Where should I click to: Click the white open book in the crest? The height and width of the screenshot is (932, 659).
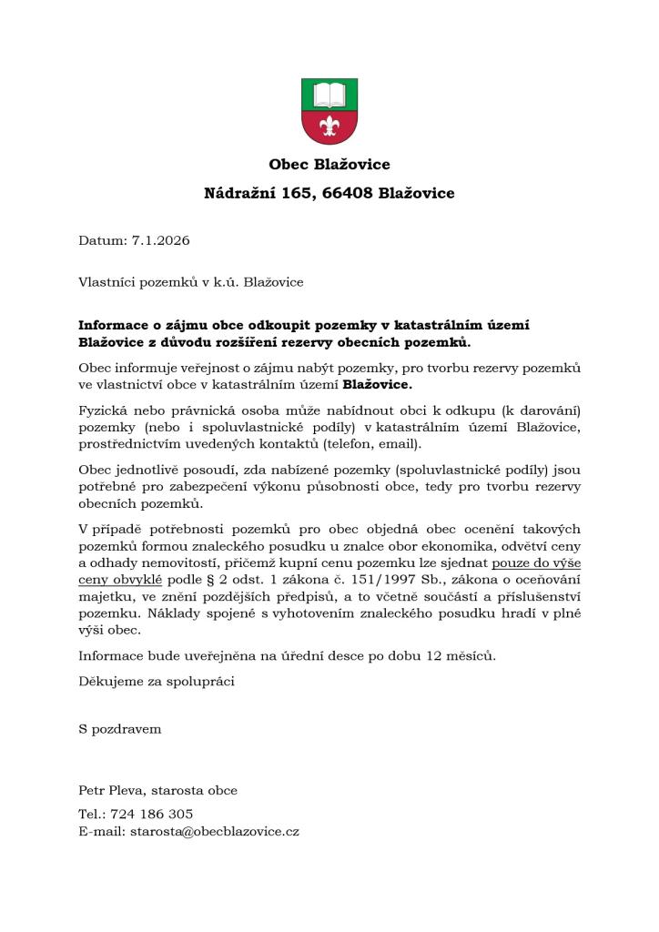pos(329,95)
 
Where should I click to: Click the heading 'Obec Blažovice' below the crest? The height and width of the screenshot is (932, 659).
pos(329,165)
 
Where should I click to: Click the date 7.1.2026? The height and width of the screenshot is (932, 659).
pos(160,240)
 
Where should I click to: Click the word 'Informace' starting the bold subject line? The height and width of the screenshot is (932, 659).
pos(115,325)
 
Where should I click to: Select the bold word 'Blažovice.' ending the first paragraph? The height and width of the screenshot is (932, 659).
pos(384,384)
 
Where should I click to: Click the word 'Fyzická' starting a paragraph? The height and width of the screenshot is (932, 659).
pos(102,410)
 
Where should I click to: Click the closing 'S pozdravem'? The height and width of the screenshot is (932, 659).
pos(119,729)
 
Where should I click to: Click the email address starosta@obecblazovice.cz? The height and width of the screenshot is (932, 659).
pos(215,831)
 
